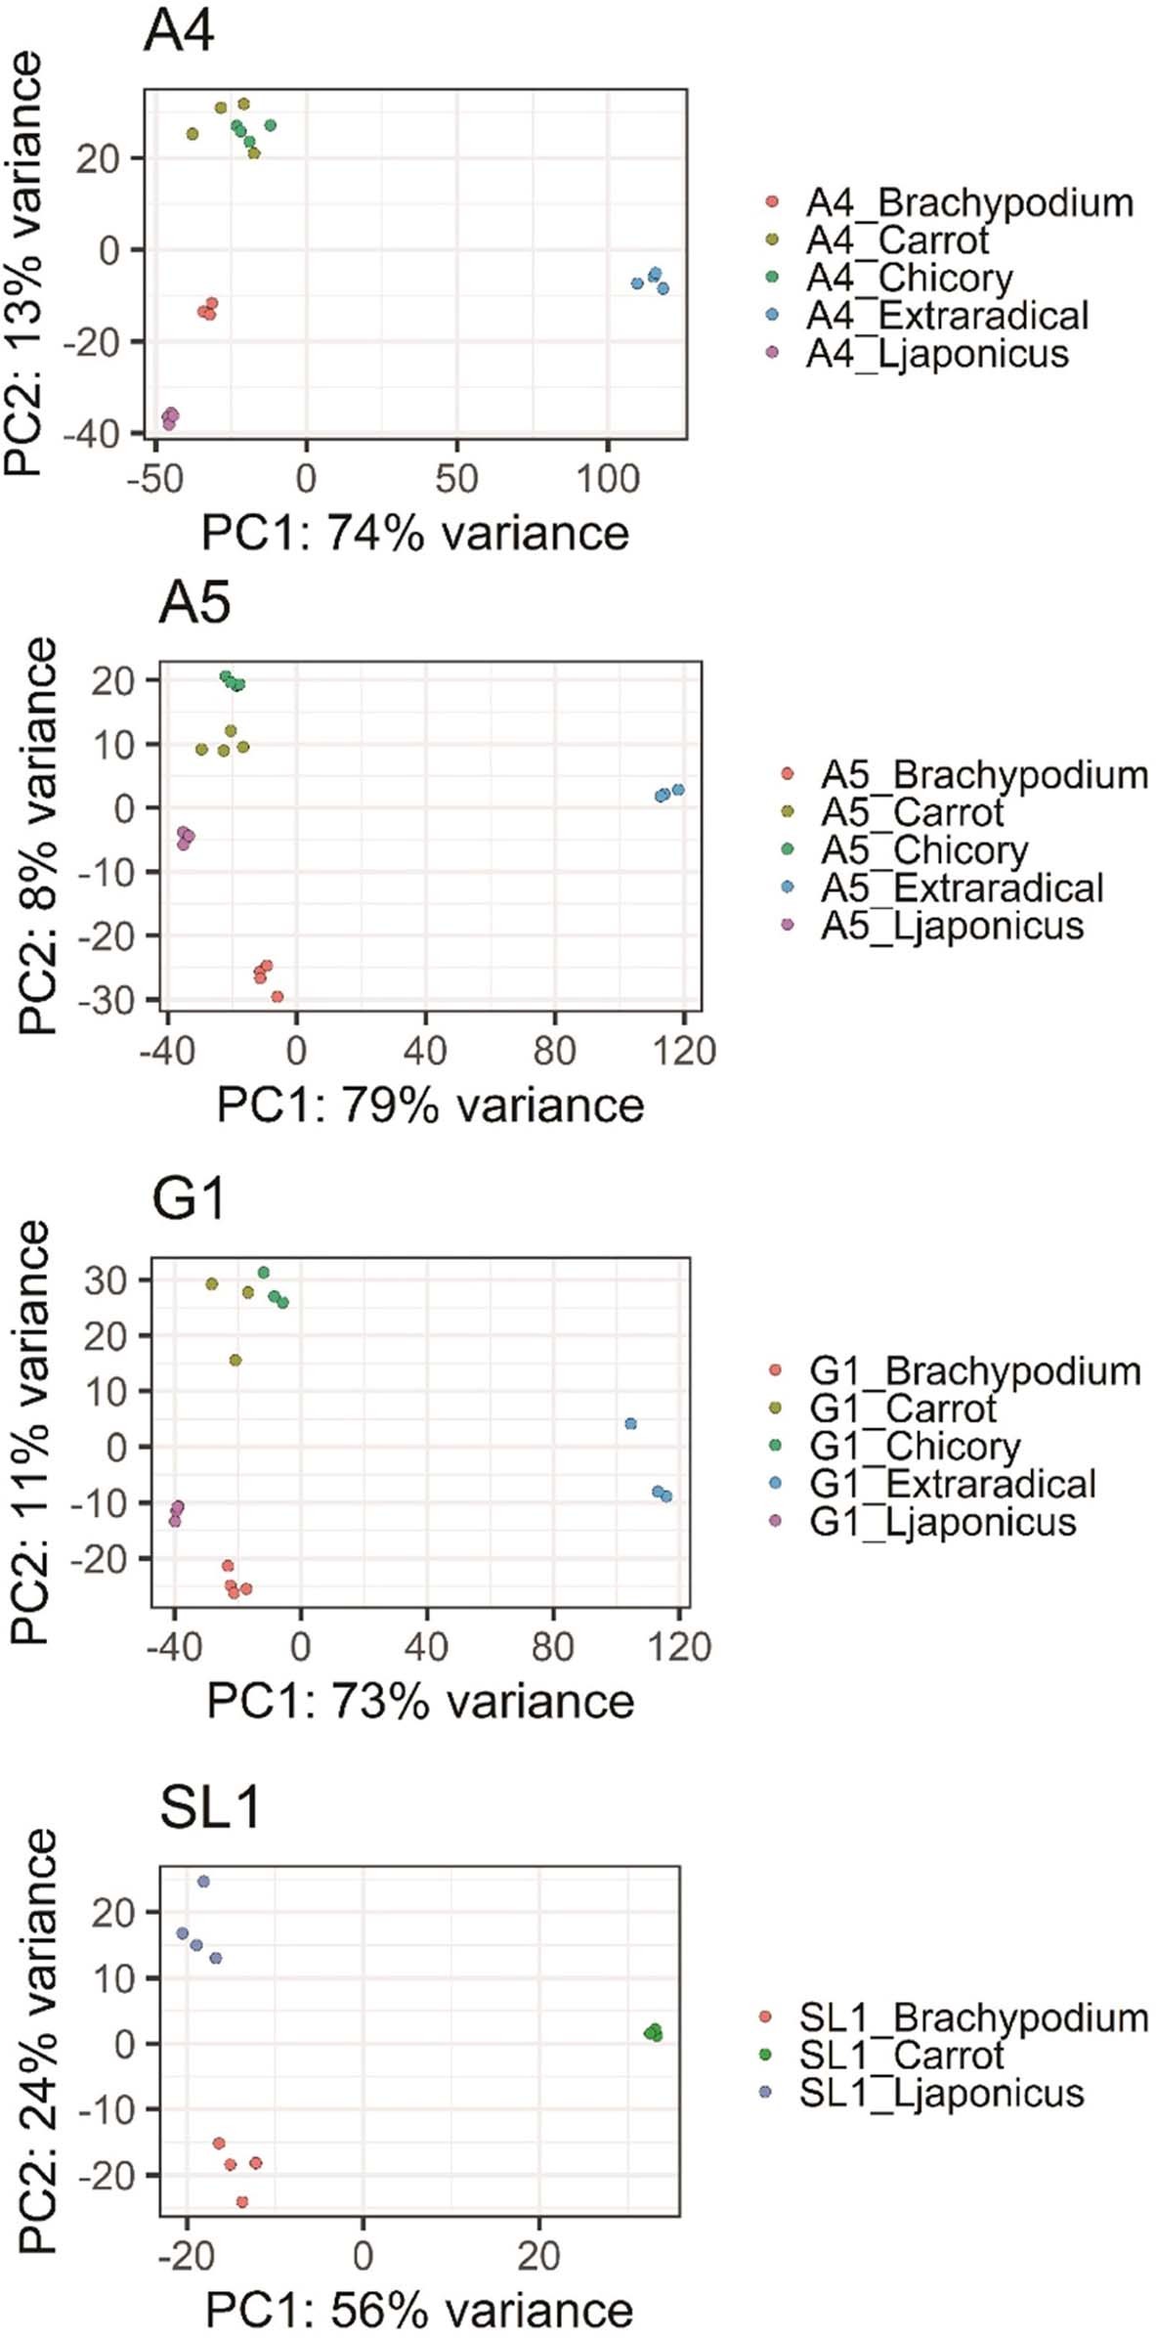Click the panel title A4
[179, 31]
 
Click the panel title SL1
[210, 1807]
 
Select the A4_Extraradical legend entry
[946, 316]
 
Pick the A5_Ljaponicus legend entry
[952, 925]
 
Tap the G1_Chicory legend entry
[915, 1446]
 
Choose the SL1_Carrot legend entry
[900, 2055]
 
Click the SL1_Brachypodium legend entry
[972, 2016]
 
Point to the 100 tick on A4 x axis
[607, 479]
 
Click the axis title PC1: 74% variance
[415, 533]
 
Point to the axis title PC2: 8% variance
[39, 836]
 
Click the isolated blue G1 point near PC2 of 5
[630, 1424]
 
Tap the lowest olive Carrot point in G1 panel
[235, 1360]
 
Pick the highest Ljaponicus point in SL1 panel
[203, 1882]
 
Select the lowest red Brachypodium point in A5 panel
[278, 997]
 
